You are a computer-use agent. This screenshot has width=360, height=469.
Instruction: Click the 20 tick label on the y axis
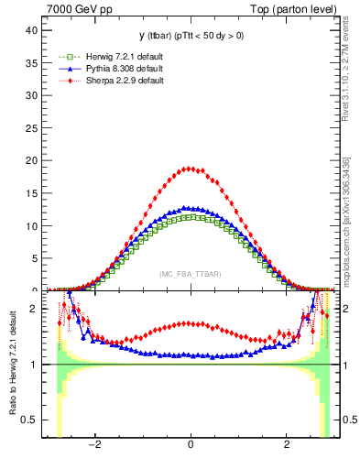31,160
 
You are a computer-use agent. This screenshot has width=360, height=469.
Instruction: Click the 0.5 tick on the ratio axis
29,420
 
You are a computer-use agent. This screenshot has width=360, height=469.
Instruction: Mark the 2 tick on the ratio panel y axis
34,309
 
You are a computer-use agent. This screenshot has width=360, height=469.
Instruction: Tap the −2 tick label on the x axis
93,446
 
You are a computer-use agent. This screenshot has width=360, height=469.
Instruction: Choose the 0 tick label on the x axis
190,446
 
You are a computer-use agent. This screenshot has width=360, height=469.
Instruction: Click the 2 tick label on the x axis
286,446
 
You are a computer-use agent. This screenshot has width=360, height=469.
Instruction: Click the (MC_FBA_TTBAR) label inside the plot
190,275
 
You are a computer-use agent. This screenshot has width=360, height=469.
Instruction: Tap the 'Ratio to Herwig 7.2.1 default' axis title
12,365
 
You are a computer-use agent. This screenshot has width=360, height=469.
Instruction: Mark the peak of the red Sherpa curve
190,168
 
